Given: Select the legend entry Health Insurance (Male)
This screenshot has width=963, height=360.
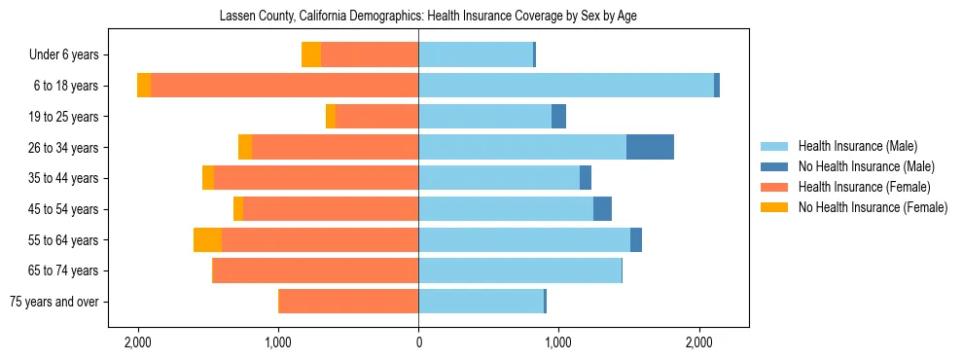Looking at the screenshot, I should point(857,146).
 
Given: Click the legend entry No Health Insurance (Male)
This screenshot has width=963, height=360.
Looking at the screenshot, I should point(866,166).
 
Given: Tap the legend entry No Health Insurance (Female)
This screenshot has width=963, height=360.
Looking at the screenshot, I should point(873,207).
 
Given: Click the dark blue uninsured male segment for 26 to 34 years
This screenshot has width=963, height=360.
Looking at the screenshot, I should point(650,148).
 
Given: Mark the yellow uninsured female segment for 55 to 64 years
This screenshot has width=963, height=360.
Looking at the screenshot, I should point(207,240).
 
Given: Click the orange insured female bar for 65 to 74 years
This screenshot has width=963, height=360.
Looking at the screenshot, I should point(315,270).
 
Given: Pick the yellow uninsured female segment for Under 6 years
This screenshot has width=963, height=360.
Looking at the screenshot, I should point(311,54).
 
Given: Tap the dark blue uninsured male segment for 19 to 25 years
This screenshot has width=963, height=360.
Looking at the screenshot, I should point(558,117).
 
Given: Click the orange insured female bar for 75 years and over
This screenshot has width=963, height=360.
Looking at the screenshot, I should point(348,302).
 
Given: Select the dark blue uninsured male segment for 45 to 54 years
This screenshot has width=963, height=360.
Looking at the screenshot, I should point(602,209).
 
